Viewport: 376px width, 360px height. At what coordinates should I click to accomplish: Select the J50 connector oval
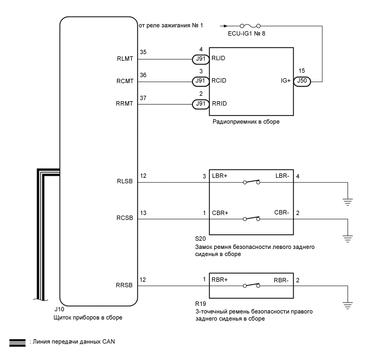(x=302, y=82)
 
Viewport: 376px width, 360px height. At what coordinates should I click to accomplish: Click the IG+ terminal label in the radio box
(x=284, y=82)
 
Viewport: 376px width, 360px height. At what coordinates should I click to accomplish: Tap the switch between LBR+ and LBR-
(x=251, y=182)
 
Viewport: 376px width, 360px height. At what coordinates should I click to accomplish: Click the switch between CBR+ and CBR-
(x=251, y=219)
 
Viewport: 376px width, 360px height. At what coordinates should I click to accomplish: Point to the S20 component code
(x=201, y=239)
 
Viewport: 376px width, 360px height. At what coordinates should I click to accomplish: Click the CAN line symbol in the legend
(x=18, y=342)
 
